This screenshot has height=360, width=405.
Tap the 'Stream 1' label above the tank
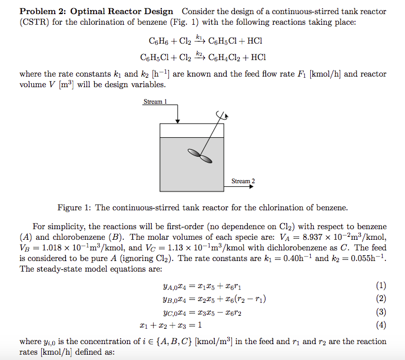click(x=155, y=102)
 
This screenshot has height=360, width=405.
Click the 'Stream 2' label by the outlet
click(x=243, y=181)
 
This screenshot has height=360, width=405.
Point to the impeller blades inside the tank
click(x=201, y=156)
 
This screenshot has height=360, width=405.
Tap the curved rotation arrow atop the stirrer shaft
click(x=220, y=114)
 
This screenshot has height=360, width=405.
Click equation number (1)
click(x=380, y=286)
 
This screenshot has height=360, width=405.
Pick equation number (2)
click(x=380, y=299)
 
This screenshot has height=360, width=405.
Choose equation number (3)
click(x=380, y=312)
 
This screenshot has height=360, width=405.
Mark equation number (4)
click(x=380, y=325)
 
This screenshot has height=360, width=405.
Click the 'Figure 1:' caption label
click(x=75, y=207)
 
